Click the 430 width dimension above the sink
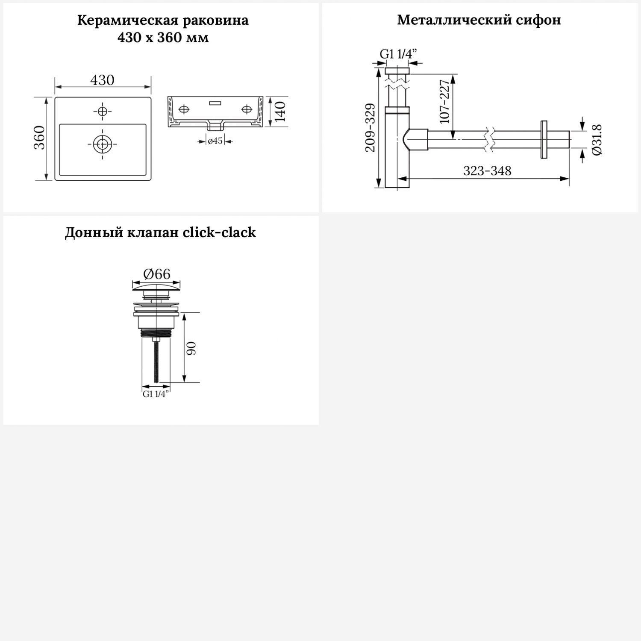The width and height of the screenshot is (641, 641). point(103,80)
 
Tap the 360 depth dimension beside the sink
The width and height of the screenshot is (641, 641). point(39,137)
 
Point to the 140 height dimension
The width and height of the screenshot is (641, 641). point(280,112)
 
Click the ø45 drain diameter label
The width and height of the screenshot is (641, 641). point(215,141)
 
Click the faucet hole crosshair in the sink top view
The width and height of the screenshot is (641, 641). point(102,111)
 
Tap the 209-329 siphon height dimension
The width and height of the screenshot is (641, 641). point(370,127)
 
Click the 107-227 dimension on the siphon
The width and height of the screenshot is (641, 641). point(445,101)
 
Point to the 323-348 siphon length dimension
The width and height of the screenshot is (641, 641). point(487,171)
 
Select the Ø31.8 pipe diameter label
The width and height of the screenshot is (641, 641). point(597,140)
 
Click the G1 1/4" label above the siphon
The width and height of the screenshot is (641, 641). point(398,54)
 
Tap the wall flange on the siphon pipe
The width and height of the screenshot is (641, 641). point(544,140)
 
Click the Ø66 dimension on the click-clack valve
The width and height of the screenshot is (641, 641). point(156,273)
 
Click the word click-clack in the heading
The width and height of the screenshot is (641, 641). point(219,232)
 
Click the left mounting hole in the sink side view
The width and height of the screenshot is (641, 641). point(183,109)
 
